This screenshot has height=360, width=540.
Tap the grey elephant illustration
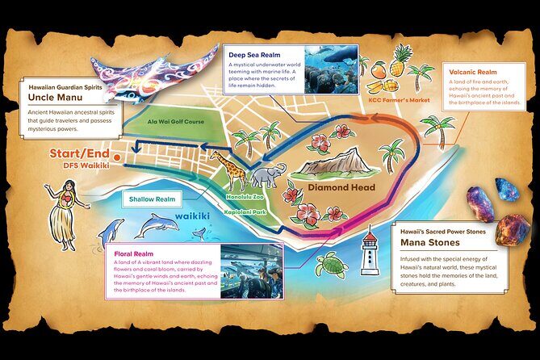(x=267, y=176)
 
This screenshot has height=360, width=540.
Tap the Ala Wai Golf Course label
(x=175, y=122)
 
